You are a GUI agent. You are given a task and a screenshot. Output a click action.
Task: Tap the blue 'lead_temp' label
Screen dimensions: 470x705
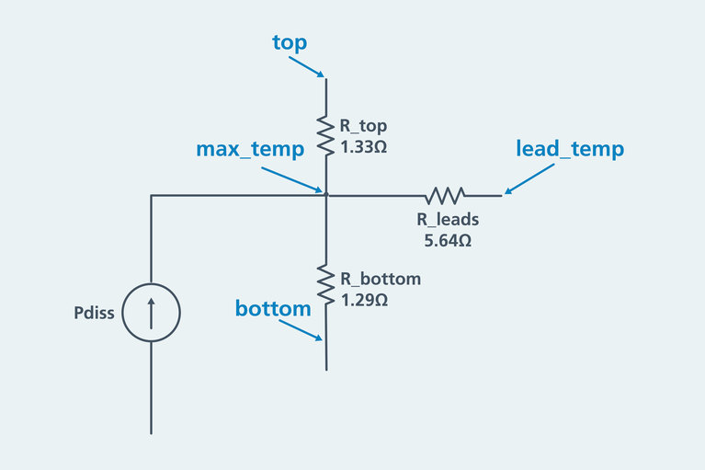(570, 148)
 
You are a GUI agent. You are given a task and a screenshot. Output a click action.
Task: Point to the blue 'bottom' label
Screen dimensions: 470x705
(273, 308)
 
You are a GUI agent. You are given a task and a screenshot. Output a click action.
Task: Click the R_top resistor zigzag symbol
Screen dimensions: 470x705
(325, 134)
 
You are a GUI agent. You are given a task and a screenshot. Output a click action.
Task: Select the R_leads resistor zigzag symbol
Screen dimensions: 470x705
(445, 195)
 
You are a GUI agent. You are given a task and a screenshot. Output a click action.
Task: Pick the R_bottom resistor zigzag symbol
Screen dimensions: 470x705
(325, 282)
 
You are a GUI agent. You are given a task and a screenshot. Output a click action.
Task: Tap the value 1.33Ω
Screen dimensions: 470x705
(362, 146)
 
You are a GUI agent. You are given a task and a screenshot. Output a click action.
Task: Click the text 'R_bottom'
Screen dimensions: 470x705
(380, 278)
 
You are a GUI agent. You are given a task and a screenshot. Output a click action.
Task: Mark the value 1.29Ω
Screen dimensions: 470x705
(364, 299)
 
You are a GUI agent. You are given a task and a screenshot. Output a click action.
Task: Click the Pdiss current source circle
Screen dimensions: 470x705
(151, 312)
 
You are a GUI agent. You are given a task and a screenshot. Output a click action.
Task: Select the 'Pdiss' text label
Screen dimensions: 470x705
(94, 313)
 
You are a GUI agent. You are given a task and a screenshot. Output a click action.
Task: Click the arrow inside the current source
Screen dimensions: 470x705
(151, 312)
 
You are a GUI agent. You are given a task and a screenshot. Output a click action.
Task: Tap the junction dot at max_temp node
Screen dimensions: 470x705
(325, 194)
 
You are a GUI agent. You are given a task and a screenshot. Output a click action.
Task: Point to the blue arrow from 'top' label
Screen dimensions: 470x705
(305, 64)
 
